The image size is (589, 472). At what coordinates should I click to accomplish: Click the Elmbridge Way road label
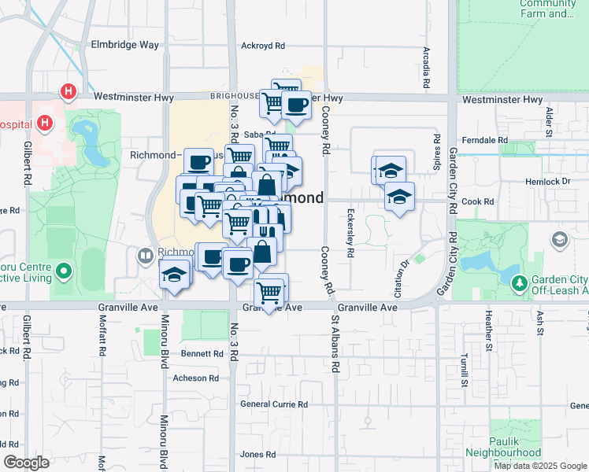[x=124, y=45]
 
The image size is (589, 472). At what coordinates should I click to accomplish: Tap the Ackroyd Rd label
[x=262, y=46]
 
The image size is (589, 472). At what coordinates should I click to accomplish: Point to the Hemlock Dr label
[x=547, y=182]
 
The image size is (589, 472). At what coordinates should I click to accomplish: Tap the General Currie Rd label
[x=273, y=404]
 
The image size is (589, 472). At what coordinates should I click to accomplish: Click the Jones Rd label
[x=257, y=455]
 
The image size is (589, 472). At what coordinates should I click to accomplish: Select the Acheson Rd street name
[x=194, y=378]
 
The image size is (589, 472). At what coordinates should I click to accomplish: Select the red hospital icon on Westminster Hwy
[x=69, y=92]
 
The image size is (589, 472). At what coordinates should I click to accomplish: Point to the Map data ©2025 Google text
[x=539, y=466]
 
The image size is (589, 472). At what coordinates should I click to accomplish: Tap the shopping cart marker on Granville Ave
[x=270, y=292]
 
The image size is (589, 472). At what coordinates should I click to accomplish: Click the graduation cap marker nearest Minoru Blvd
[x=174, y=274]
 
